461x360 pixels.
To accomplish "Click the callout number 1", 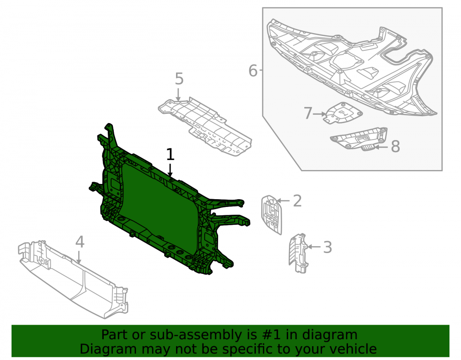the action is click(x=170, y=154).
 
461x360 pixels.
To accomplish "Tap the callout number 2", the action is click(x=297, y=201).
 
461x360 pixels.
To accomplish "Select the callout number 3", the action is click(x=327, y=247).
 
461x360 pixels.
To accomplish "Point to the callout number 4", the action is click(x=80, y=242).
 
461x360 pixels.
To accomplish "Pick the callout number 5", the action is click(x=179, y=79).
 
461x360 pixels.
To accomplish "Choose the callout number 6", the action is click(x=253, y=71).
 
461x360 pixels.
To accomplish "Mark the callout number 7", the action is click(x=307, y=113).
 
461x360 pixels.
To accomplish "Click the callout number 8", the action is click(x=396, y=147).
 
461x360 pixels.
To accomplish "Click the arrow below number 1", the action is click(x=170, y=170).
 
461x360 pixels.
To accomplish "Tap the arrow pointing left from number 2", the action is click(x=283, y=201).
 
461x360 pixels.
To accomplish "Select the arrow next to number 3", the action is click(x=313, y=247).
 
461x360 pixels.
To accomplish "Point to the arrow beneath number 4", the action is click(x=78, y=256).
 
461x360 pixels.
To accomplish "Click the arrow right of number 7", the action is click(x=319, y=114).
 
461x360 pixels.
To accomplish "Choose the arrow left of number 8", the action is click(x=381, y=147).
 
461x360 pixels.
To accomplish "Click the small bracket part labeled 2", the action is click(x=272, y=215).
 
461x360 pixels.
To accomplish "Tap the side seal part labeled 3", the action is click(x=298, y=253).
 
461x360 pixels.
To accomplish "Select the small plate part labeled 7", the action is click(x=343, y=113).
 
